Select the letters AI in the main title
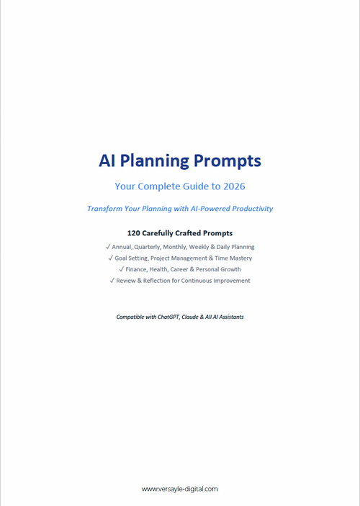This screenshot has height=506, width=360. (x=108, y=161)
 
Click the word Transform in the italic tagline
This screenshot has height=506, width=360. (x=107, y=209)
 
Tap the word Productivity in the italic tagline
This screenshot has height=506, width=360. (x=249, y=209)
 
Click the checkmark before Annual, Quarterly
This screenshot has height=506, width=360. (x=108, y=247)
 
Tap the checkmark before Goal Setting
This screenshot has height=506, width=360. (x=110, y=258)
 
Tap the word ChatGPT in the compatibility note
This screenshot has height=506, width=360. (x=168, y=317)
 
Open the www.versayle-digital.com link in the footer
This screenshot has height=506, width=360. (x=180, y=489)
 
